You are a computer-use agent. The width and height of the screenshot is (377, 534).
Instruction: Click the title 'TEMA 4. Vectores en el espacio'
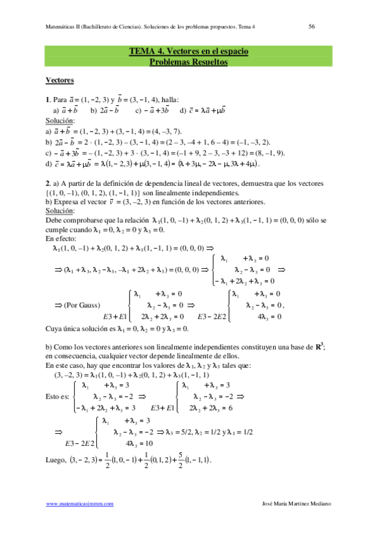pyautogui.click(x=188, y=52)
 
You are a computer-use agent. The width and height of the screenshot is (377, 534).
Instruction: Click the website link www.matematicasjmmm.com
pyautogui.click(x=80, y=504)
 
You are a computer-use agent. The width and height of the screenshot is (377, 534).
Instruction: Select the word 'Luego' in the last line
pyautogui.click(x=57, y=460)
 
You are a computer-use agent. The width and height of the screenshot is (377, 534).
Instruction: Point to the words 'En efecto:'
pyautogui.click(x=60, y=239)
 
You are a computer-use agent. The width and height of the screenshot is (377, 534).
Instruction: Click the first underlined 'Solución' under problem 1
pyautogui.click(x=60, y=120)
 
